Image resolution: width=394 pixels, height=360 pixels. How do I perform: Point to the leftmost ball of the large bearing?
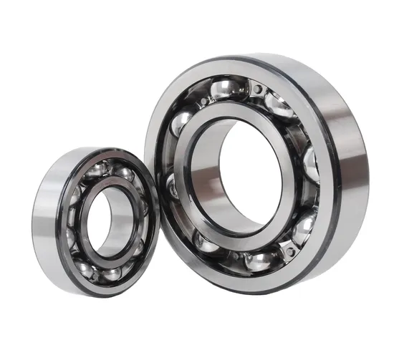point(173,188)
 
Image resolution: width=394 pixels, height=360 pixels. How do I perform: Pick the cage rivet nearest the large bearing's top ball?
point(256,89)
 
